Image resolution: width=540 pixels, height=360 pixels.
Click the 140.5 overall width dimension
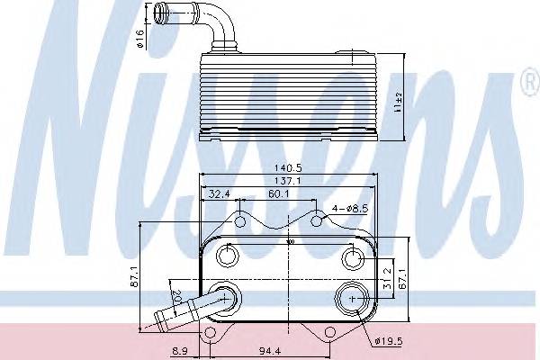pos(288,166)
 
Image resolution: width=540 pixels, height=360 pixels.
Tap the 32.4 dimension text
pos(219,193)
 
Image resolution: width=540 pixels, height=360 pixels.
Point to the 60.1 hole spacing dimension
pos(277,193)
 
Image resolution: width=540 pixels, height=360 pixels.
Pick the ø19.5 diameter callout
pos(386,340)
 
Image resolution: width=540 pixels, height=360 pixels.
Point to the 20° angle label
pos(176,295)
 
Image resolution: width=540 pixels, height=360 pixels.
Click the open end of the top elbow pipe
pos(161,13)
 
